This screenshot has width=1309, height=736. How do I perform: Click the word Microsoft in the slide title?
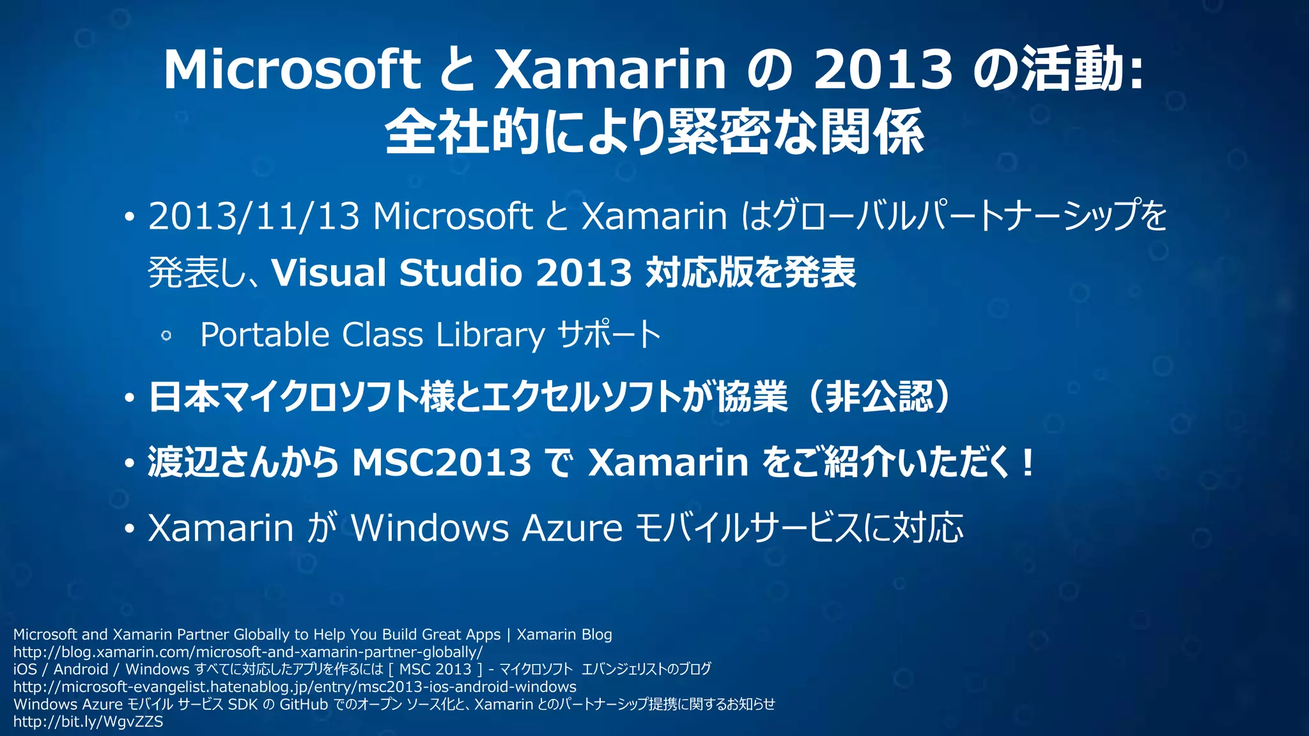291,69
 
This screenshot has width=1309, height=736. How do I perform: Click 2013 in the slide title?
883,69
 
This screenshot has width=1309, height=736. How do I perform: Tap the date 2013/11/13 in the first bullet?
254,216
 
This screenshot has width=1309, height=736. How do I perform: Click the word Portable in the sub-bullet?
265,335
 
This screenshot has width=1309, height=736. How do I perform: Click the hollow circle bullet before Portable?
166,335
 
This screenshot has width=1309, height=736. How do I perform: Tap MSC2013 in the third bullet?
441,462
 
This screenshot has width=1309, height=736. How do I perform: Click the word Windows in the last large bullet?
430,528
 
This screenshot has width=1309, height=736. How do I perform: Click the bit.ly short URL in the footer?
88,722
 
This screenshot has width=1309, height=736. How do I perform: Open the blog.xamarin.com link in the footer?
248,652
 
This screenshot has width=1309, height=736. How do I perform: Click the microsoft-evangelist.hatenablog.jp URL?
295,687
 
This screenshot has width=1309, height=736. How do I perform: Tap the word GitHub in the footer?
303,704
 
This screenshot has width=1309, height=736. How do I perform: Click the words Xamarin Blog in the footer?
564,634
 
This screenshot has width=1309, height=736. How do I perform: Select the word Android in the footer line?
81,670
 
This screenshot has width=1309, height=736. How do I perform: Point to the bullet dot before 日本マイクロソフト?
130,399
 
